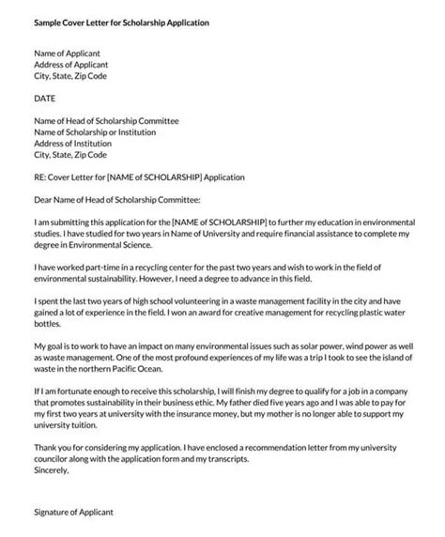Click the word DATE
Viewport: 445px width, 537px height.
click(x=44, y=99)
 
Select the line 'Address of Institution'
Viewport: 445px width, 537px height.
click(x=71, y=144)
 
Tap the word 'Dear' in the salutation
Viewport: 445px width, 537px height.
click(x=42, y=200)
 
